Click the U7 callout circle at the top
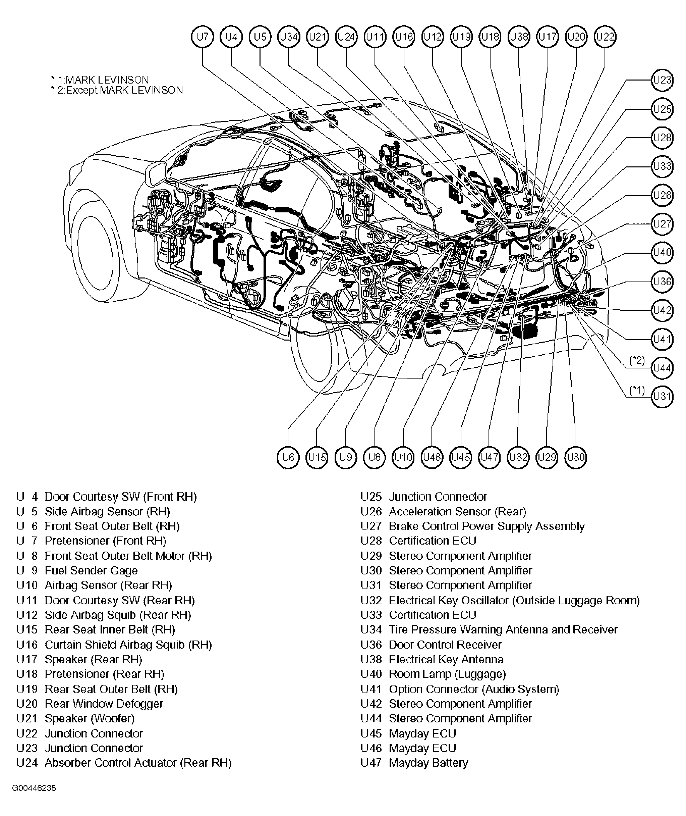(203, 37)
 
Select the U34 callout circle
(289, 37)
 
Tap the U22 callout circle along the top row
(605, 37)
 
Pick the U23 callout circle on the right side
(662, 80)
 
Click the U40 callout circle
(662, 253)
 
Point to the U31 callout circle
(662, 397)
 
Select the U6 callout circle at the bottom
(288, 457)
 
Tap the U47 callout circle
(489, 457)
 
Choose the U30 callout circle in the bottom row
(576, 457)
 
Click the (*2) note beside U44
(637, 360)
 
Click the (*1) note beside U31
(637, 390)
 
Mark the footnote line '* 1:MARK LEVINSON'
(100, 80)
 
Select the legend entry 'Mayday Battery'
(428, 763)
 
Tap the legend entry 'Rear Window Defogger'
(104, 704)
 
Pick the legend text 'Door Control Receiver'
(445, 645)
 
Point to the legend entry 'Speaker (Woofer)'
(90, 719)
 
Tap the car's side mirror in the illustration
(155, 173)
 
